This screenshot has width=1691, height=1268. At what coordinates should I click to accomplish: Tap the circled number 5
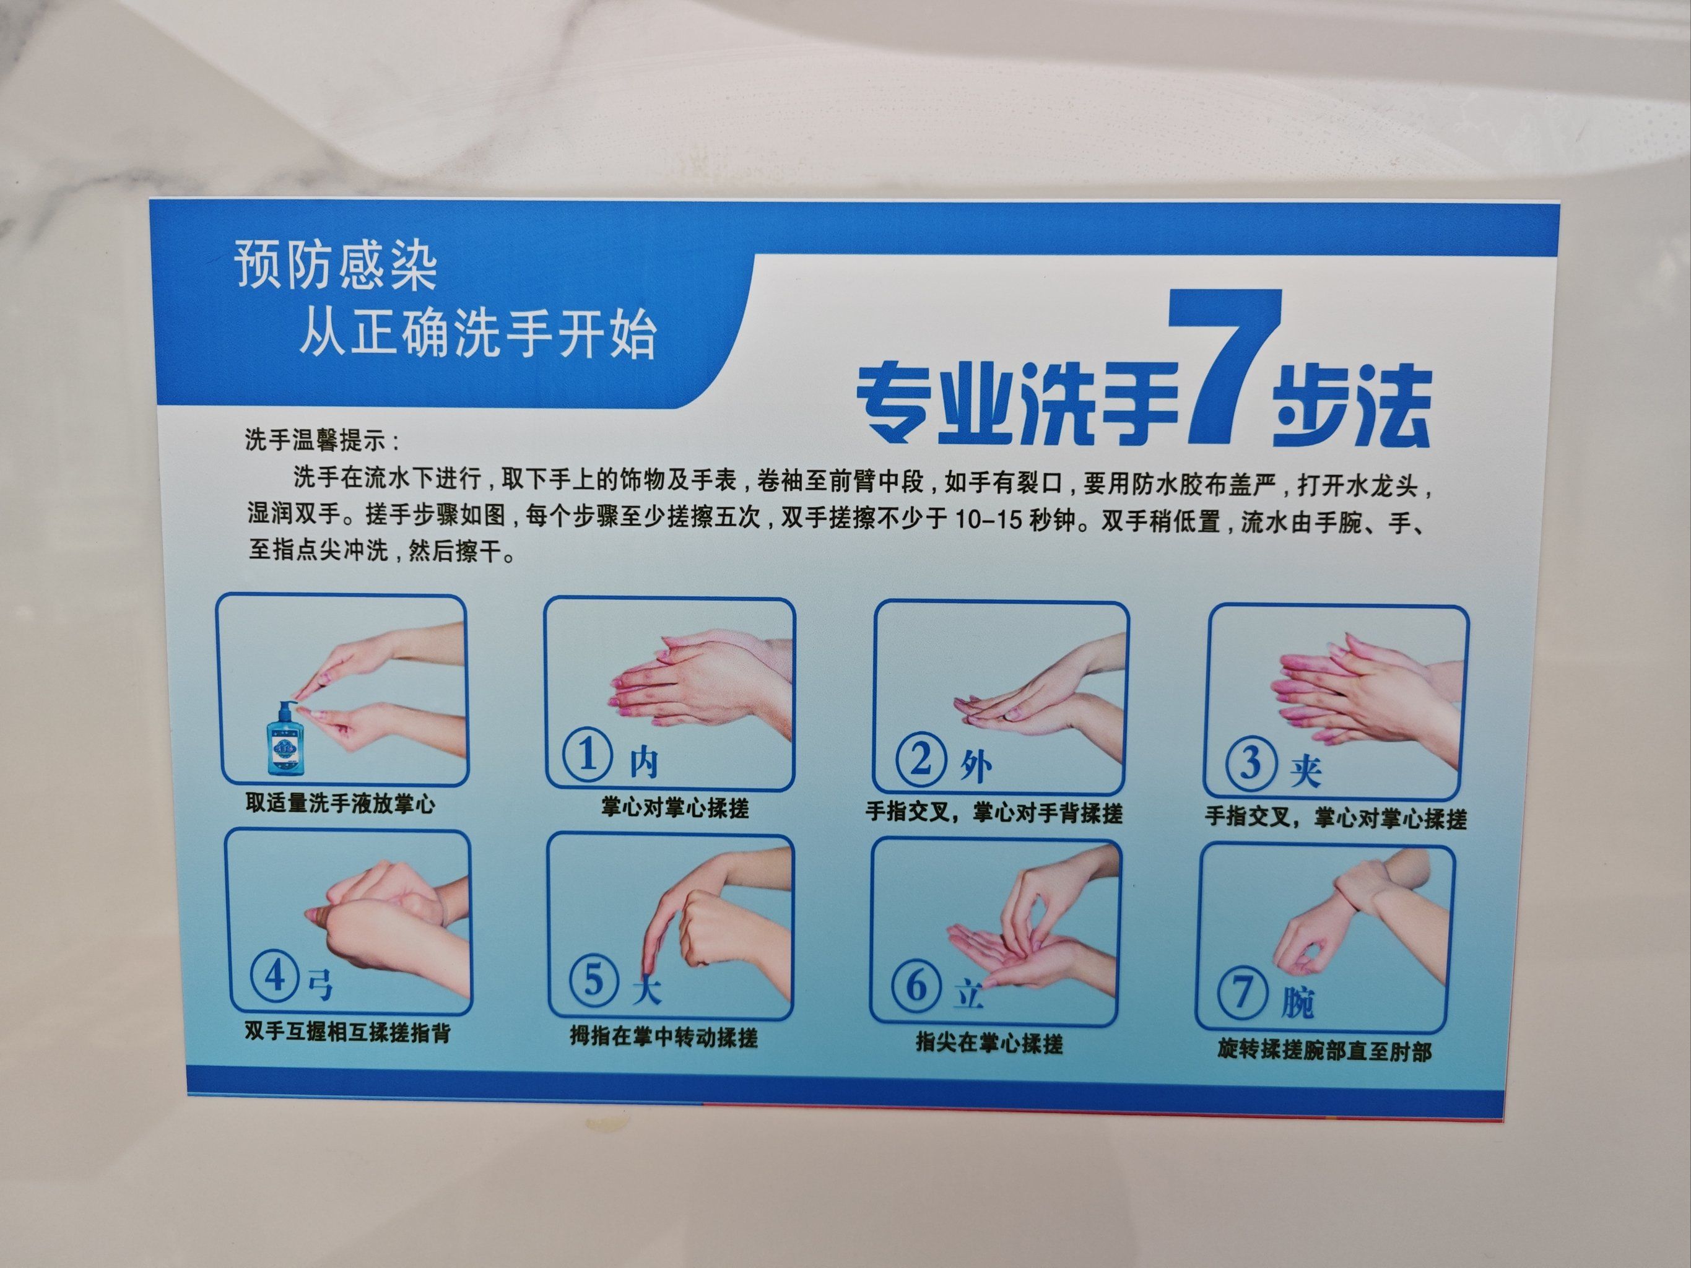[594, 981]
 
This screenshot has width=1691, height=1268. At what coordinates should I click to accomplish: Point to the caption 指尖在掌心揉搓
[989, 1043]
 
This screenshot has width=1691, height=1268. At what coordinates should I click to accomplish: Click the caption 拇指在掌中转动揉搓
[664, 1037]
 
